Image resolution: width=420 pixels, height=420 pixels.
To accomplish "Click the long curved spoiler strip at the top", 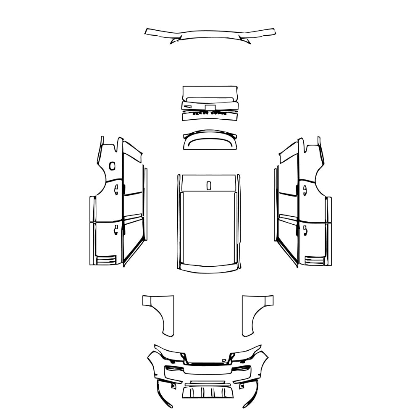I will [x=210, y=33].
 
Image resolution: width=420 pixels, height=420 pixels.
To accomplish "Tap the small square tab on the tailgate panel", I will [x=210, y=107].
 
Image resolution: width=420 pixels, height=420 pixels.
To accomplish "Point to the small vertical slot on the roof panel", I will [x=209, y=185].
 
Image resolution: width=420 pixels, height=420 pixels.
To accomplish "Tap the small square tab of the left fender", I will [x=149, y=301].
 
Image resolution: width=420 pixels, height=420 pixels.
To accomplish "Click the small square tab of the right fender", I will [x=268, y=301].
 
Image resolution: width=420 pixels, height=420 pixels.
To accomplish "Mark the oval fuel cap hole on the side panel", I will [x=112, y=166].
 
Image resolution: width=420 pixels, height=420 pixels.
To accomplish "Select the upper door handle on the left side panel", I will [x=116, y=190].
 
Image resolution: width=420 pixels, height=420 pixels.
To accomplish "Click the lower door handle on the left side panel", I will [x=116, y=229].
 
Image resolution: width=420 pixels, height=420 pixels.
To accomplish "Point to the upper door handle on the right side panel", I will [x=304, y=190].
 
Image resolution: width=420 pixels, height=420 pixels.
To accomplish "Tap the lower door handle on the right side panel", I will [x=304, y=229].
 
